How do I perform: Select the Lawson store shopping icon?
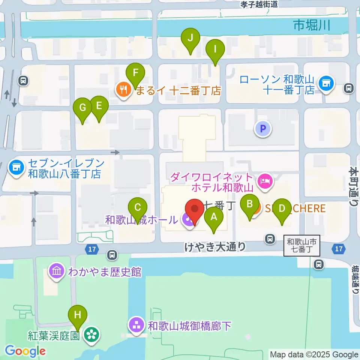(x=325, y=84)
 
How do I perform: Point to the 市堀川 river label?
(x=312, y=25)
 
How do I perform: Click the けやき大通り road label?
(x=215, y=246)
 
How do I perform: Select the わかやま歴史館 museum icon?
(x=57, y=271)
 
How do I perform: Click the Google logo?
(x=25, y=351)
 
